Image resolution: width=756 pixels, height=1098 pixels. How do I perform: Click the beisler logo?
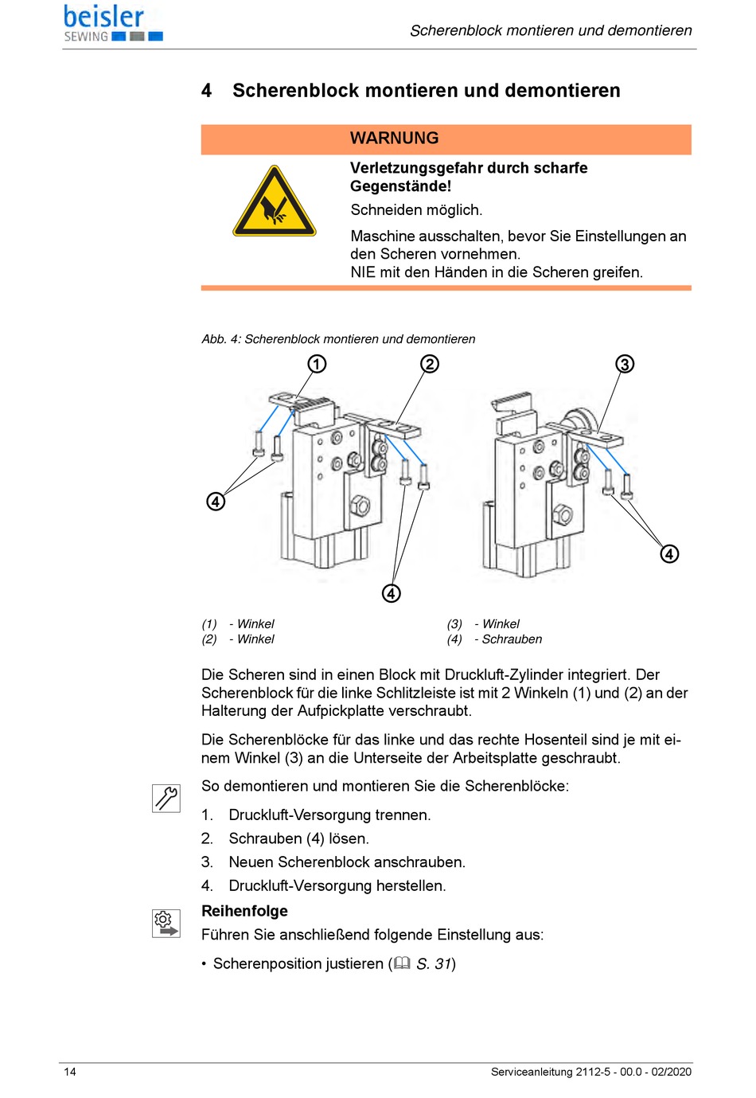pos(112,23)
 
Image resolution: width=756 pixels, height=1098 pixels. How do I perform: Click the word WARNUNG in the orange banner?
pos(394,139)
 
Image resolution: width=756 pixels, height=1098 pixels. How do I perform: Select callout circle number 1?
pos(317,364)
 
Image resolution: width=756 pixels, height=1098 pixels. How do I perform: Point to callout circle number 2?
pos(430,364)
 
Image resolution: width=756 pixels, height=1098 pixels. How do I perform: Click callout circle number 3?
pos(625,364)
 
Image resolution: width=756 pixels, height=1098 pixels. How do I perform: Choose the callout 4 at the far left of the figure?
pos(216,502)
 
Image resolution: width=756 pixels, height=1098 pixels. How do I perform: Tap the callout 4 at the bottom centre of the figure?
pos(391,593)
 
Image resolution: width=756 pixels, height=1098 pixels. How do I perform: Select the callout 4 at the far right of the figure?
pos(670,553)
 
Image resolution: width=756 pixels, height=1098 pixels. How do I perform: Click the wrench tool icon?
pos(166,798)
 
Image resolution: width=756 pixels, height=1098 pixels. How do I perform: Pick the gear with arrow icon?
pos(166,924)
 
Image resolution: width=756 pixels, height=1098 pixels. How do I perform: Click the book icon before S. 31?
pos(403,963)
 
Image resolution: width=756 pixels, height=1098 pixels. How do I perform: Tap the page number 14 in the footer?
pos(70,1072)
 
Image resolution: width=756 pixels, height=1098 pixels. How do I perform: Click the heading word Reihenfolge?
pos(244,911)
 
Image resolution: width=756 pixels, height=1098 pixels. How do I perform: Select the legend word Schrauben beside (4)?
pos(512,639)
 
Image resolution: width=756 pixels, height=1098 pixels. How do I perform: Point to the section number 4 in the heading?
pos(207,91)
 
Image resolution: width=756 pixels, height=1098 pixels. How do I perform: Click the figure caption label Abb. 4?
pos(221,339)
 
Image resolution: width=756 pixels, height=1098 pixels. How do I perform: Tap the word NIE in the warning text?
pos(363,272)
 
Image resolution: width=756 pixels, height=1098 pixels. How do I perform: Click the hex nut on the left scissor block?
pos(359,504)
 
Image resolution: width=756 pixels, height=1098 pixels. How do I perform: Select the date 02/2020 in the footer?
pos(671,1072)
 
